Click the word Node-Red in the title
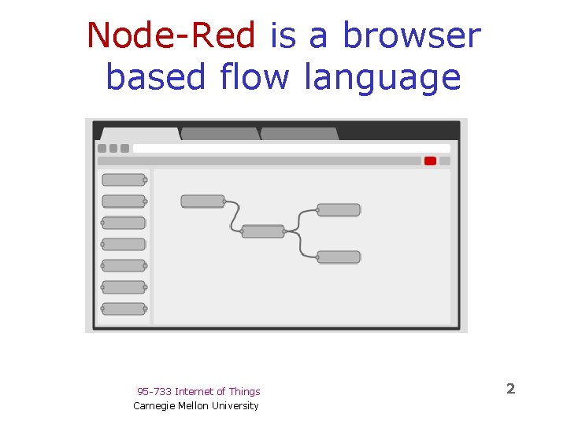point(171,36)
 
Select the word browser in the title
point(411,36)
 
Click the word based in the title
point(154,77)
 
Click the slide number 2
point(510,388)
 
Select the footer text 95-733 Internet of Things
point(198,391)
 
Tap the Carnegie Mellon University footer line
point(196,405)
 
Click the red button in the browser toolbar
point(430,161)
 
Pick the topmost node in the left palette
point(124,180)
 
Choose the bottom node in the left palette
point(124,309)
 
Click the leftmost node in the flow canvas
point(202,201)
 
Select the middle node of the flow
point(262,231)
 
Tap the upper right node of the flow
point(339,209)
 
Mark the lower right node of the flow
point(339,257)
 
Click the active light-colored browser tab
point(140,134)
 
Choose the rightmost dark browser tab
point(299,134)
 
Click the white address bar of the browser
point(291,148)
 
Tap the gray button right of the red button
point(445,161)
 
